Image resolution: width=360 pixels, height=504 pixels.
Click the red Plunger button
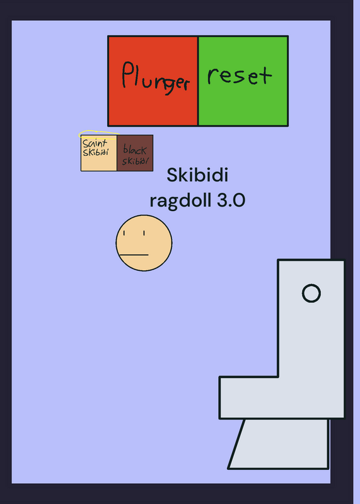click(153, 81)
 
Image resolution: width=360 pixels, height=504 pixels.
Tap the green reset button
click(243, 81)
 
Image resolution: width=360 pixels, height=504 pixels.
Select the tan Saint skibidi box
click(99, 153)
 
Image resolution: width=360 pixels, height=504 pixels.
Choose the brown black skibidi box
click(135, 153)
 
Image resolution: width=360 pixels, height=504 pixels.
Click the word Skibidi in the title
click(197, 175)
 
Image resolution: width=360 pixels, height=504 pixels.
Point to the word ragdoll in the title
click(181, 201)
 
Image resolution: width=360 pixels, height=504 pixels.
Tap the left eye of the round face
click(124, 233)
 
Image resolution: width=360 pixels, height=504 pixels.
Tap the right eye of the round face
click(144, 233)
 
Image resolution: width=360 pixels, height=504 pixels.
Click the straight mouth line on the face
click(134, 255)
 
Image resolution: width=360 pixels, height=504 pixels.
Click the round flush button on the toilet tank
click(311, 293)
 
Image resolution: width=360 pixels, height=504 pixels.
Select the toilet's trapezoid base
click(279, 444)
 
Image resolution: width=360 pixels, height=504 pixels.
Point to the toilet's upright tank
click(311, 318)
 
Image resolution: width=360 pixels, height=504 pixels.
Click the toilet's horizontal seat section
click(282, 398)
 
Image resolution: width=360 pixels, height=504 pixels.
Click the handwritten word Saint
click(95, 143)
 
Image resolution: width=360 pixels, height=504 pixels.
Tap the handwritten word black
click(135, 149)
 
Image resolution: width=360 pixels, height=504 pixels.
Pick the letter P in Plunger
click(127, 74)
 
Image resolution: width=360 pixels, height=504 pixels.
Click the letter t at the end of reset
click(265, 76)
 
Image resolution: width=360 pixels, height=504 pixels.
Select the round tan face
click(144, 243)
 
